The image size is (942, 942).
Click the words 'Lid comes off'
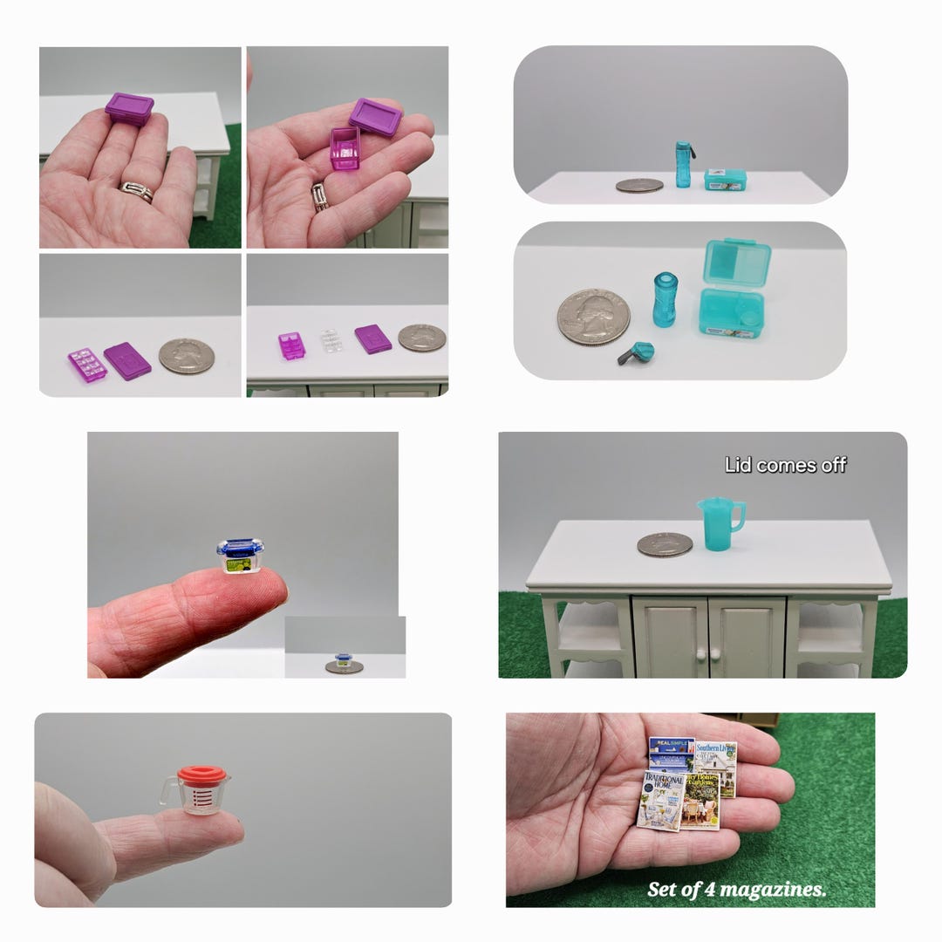(x=785, y=465)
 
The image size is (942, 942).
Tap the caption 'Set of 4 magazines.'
(x=736, y=889)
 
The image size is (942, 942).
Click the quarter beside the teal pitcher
(x=665, y=544)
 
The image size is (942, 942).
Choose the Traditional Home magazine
(x=660, y=799)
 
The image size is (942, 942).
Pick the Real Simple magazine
(x=671, y=752)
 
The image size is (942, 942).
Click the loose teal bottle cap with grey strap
(x=636, y=352)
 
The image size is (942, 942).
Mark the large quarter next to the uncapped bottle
(x=593, y=317)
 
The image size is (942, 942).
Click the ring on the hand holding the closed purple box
(x=137, y=191)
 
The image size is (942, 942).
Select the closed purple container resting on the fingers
(x=129, y=109)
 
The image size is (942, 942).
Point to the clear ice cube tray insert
(x=331, y=339)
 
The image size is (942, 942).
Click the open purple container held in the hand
(x=345, y=147)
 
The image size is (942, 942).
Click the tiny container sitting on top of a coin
(x=345, y=661)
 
